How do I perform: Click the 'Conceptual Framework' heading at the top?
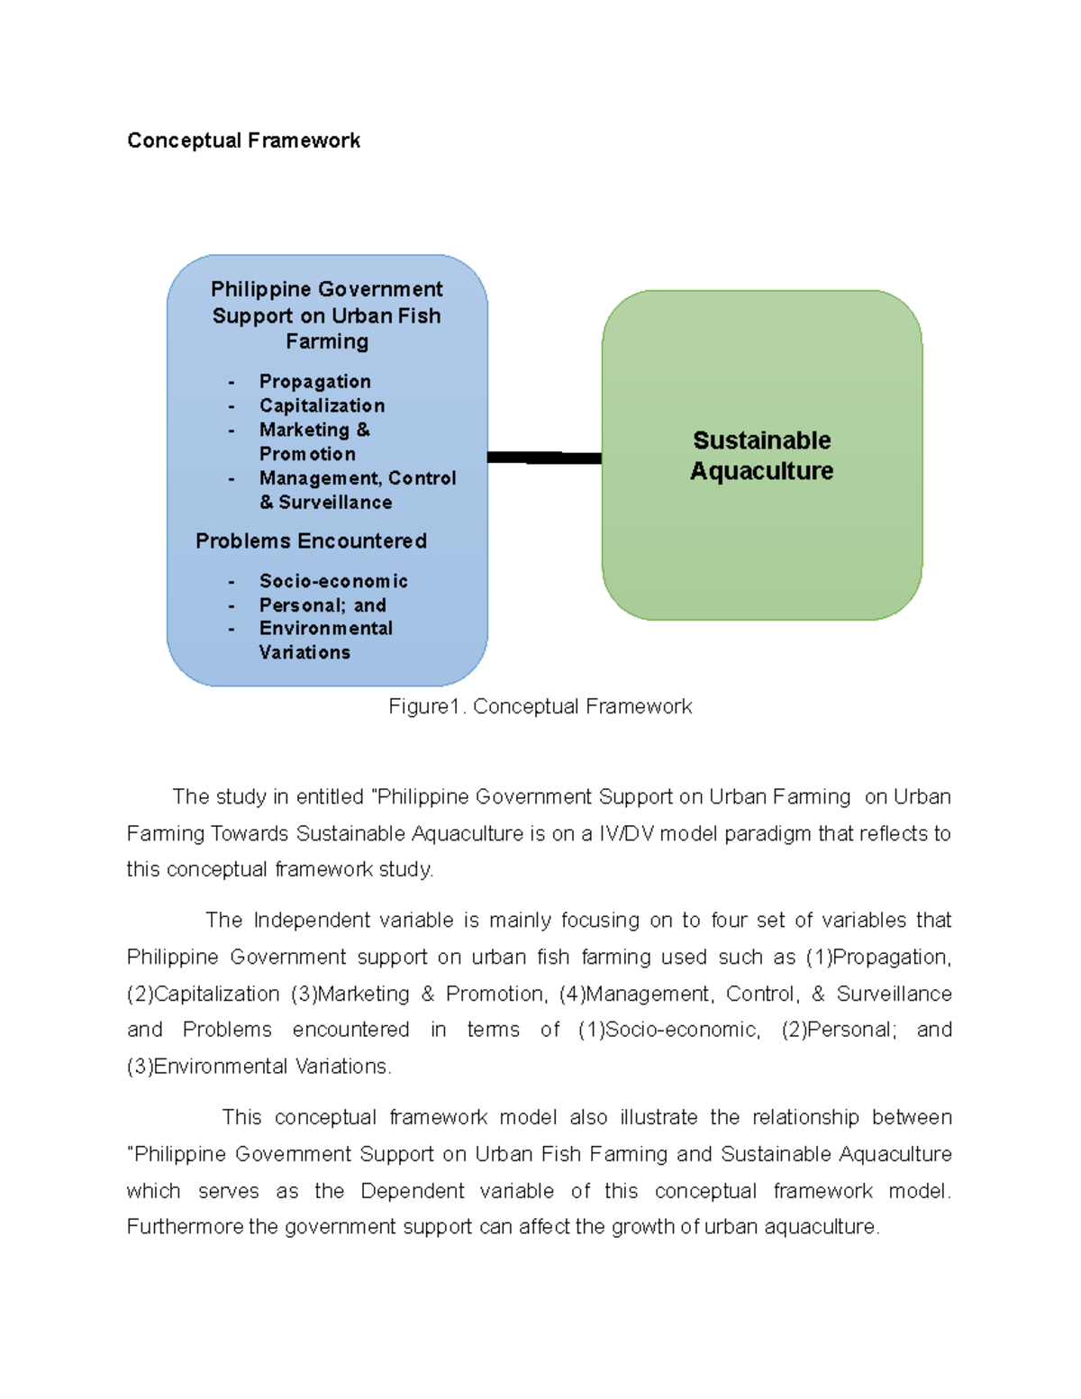click(x=243, y=141)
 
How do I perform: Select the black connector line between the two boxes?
click(x=544, y=458)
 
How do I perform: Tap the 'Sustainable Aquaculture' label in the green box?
click(x=762, y=455)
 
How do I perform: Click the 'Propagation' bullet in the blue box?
click(x=314, y=381)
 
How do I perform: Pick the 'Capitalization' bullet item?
click(x=322, y=405)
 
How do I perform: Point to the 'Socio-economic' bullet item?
click(x=333, y=581)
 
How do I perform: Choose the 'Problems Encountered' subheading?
click(x=311, y=541)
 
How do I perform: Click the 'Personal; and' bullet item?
click(x=322, y=605)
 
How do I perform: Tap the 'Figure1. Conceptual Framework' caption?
click(x=540, y=706)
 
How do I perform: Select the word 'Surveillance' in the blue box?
click(x=335, y=503)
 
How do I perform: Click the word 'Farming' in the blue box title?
click(x=327, y=341)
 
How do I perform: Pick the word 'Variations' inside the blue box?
click(x=304, y=652)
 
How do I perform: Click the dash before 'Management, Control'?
click(x=232, y=478)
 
